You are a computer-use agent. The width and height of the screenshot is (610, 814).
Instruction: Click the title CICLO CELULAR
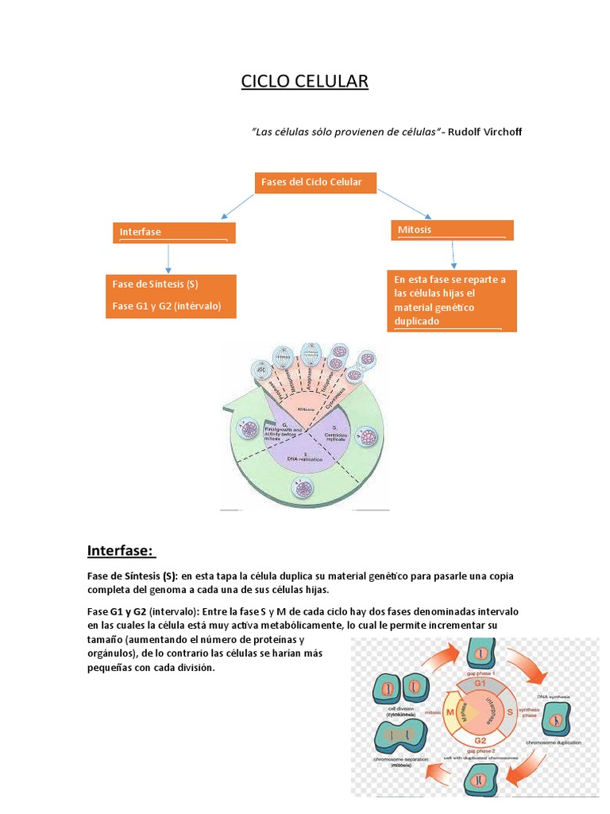coord(305,82)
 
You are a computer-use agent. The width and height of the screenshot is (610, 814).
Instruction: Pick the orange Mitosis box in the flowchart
coord(454,230)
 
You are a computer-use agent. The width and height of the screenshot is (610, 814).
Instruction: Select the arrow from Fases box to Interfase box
coord(237,204)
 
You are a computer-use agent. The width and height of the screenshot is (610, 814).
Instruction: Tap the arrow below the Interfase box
coord(168,259)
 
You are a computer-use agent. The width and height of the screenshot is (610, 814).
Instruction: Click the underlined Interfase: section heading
coord(121,552)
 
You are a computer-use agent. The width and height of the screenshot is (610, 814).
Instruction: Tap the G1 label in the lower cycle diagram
coord(479,683)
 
